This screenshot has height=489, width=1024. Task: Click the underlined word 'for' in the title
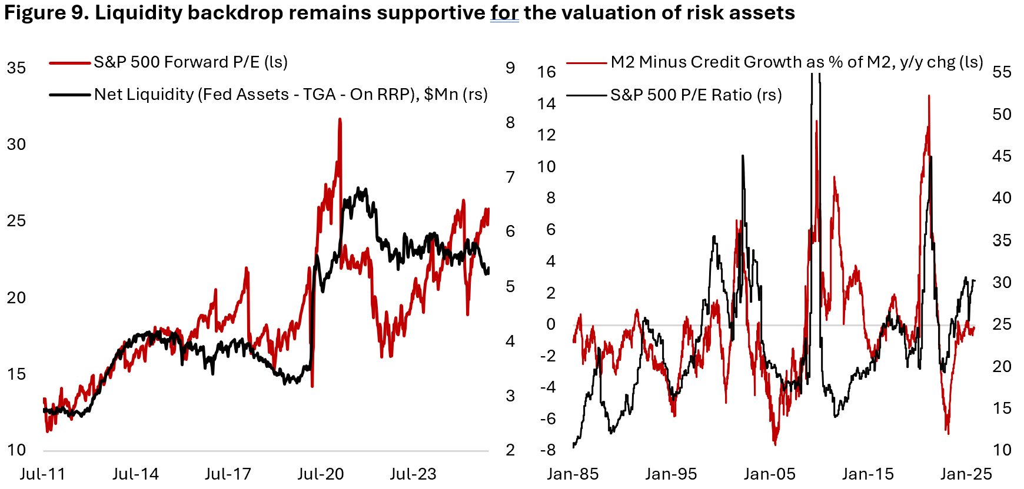pos(504,13)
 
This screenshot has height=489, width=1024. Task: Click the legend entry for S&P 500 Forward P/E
pos(190,62)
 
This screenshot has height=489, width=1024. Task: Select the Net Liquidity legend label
pos(291,95)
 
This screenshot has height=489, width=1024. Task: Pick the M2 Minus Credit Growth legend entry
pos(796,62)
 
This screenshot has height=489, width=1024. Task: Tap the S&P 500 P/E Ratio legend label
pos(696,95)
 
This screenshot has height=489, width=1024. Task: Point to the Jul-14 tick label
pos(135,474)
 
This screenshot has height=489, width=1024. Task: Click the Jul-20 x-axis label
pos(321,474)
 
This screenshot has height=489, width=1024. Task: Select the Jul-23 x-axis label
pos(413,474)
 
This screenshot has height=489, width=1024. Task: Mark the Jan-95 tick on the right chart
pos(671,474)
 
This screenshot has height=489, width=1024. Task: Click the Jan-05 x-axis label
pos(769,474)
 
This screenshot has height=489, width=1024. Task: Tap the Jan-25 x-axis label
pos(966,474)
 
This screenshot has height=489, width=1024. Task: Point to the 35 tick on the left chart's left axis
pos(16,68)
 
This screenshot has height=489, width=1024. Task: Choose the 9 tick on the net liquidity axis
pos(510,68)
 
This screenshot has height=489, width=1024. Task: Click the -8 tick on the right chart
pos(547,450)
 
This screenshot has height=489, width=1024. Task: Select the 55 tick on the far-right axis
pos(1002,72)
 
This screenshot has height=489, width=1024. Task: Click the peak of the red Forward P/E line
pos(340,119)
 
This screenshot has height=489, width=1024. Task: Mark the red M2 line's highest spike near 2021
pos(929,96)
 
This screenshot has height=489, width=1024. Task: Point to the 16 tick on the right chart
pos(546,72)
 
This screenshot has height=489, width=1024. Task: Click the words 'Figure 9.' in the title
pos(46,13)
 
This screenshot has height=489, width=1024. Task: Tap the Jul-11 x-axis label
pos(42,474)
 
